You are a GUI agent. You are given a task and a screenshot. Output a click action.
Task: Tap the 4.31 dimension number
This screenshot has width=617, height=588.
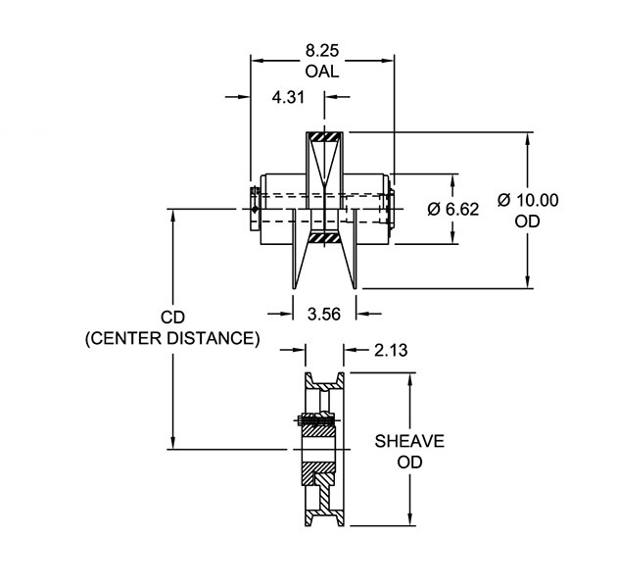coord(288,97)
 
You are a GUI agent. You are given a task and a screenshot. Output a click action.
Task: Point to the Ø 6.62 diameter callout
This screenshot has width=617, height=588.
coord(453,210)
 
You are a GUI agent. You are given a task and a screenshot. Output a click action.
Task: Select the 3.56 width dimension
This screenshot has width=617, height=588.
coord(324,315)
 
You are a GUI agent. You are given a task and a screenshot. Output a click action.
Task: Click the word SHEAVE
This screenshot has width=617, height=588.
coord(409,441)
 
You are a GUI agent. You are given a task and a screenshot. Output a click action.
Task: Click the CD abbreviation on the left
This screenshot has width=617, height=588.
coord(172,318)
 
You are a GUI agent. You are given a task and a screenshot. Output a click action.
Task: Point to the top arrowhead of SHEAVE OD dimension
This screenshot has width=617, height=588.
coord(409,375)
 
